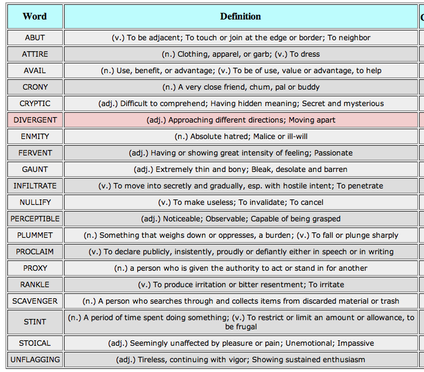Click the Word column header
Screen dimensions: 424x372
[35, 16]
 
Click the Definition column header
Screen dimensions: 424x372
[240, 16]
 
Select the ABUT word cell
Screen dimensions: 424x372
[35, 38]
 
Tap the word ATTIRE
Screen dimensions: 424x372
[35, 54]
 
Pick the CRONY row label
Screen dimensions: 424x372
[35, 87]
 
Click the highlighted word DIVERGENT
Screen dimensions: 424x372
[35, 120]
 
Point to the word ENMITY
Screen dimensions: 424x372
[35, 137]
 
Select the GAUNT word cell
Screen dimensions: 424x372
[35, 170]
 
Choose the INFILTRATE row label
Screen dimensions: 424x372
[35, 186]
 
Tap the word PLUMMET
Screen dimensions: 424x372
[35, 235]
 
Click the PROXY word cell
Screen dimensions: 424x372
[35, 268]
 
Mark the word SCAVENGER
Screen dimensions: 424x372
[35, 301]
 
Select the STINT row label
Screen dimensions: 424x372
[35, 322]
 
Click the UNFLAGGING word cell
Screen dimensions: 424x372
[35, 360]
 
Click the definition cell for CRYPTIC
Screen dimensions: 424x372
[240, 104]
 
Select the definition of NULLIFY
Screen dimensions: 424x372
[240, 202]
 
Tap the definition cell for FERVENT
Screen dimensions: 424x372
[240, 153]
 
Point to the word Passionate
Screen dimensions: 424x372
[334, 153]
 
